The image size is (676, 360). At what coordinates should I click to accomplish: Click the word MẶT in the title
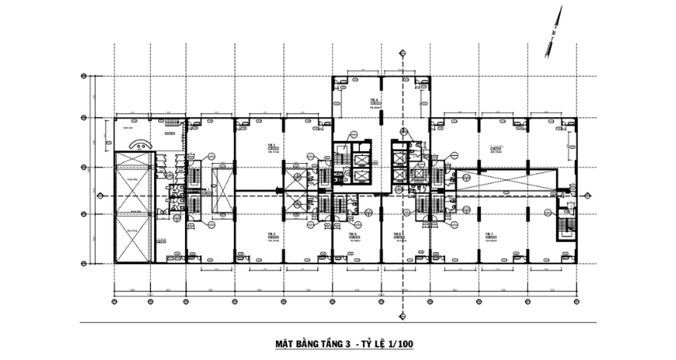pyautogui.click(x=285, y=345)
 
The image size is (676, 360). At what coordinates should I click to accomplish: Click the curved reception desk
pyautogui.click(x=141, y=145)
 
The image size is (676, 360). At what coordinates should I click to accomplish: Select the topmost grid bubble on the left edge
pyautogui.click(x=85, y=77)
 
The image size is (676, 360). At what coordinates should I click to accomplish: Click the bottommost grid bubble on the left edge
pyautogui.click(x=85, y=262)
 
